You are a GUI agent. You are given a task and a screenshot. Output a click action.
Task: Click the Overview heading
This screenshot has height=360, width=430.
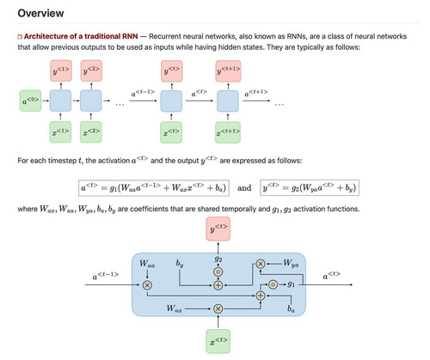(40, 13)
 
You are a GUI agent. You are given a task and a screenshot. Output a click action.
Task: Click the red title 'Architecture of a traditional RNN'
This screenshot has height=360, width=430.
(81, 36)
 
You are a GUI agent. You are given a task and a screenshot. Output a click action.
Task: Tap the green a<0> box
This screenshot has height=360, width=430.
(30, 101)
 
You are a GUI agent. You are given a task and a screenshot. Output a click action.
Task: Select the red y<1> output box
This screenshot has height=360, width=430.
(61, 70)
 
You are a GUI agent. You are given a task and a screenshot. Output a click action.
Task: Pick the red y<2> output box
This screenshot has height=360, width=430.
(91, 70)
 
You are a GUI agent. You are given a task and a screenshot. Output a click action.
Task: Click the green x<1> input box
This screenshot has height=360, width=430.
(60, 132)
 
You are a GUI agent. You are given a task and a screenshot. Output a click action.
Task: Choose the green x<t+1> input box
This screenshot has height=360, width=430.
(228, 132)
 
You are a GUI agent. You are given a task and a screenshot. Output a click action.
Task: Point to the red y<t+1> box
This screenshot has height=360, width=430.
(228, 71)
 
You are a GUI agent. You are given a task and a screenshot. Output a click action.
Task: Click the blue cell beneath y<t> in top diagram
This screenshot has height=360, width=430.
(171, 101)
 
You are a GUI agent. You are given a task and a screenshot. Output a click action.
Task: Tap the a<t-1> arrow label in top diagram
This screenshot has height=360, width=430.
(143, 93)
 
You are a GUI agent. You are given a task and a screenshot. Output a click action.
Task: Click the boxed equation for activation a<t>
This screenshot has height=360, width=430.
(154, 188)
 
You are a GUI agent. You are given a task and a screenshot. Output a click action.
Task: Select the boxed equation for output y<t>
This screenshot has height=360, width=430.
(310, 188)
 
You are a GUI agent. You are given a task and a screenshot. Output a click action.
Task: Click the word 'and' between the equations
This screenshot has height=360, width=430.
(244, 188)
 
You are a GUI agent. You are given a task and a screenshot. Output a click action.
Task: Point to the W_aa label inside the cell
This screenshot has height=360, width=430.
(147, 264)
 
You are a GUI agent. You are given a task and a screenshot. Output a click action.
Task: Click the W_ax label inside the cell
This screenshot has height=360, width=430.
(175, 308)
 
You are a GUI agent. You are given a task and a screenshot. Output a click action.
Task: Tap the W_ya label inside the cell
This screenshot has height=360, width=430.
(291, 263)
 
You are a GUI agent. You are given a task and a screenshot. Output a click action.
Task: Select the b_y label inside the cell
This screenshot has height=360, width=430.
(180, 263)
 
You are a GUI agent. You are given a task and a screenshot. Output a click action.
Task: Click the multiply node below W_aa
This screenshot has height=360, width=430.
(147, 285)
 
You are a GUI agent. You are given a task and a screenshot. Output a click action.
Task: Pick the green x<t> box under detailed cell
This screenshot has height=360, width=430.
(218, 341)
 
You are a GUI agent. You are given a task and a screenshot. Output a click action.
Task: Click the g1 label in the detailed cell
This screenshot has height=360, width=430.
(291, 284)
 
